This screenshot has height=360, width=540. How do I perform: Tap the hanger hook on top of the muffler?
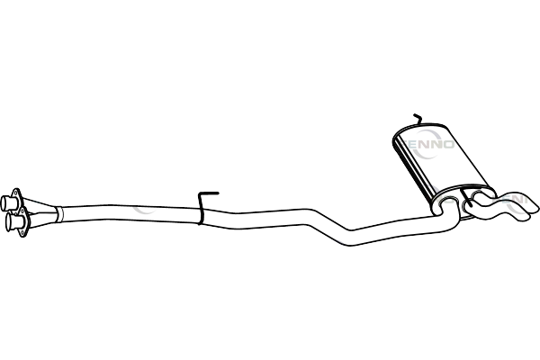click(416, 122)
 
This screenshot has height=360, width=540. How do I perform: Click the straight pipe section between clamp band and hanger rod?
click(126, 215)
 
